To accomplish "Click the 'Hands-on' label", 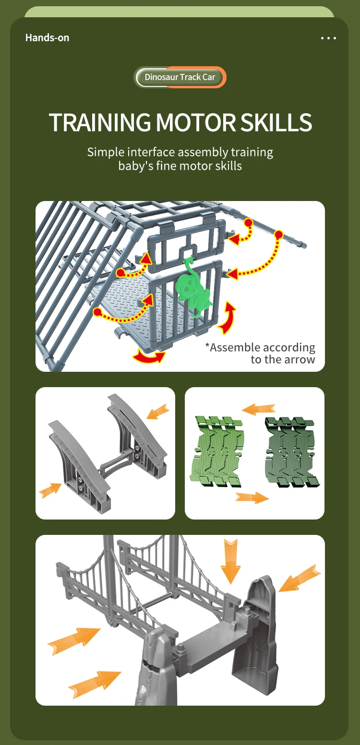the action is point(47,38).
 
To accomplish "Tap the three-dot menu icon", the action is point(328,38).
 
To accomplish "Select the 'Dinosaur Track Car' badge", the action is point(180,77).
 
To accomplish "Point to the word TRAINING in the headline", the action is point(100,122).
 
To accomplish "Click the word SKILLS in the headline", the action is point(276,122).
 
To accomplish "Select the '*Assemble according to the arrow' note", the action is point(260,353).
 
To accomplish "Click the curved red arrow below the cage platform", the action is point(149,356).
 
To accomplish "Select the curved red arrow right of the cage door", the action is point(228,318).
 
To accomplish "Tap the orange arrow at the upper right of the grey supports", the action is point(158,412).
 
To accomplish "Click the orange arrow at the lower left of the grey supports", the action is point(50,491).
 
